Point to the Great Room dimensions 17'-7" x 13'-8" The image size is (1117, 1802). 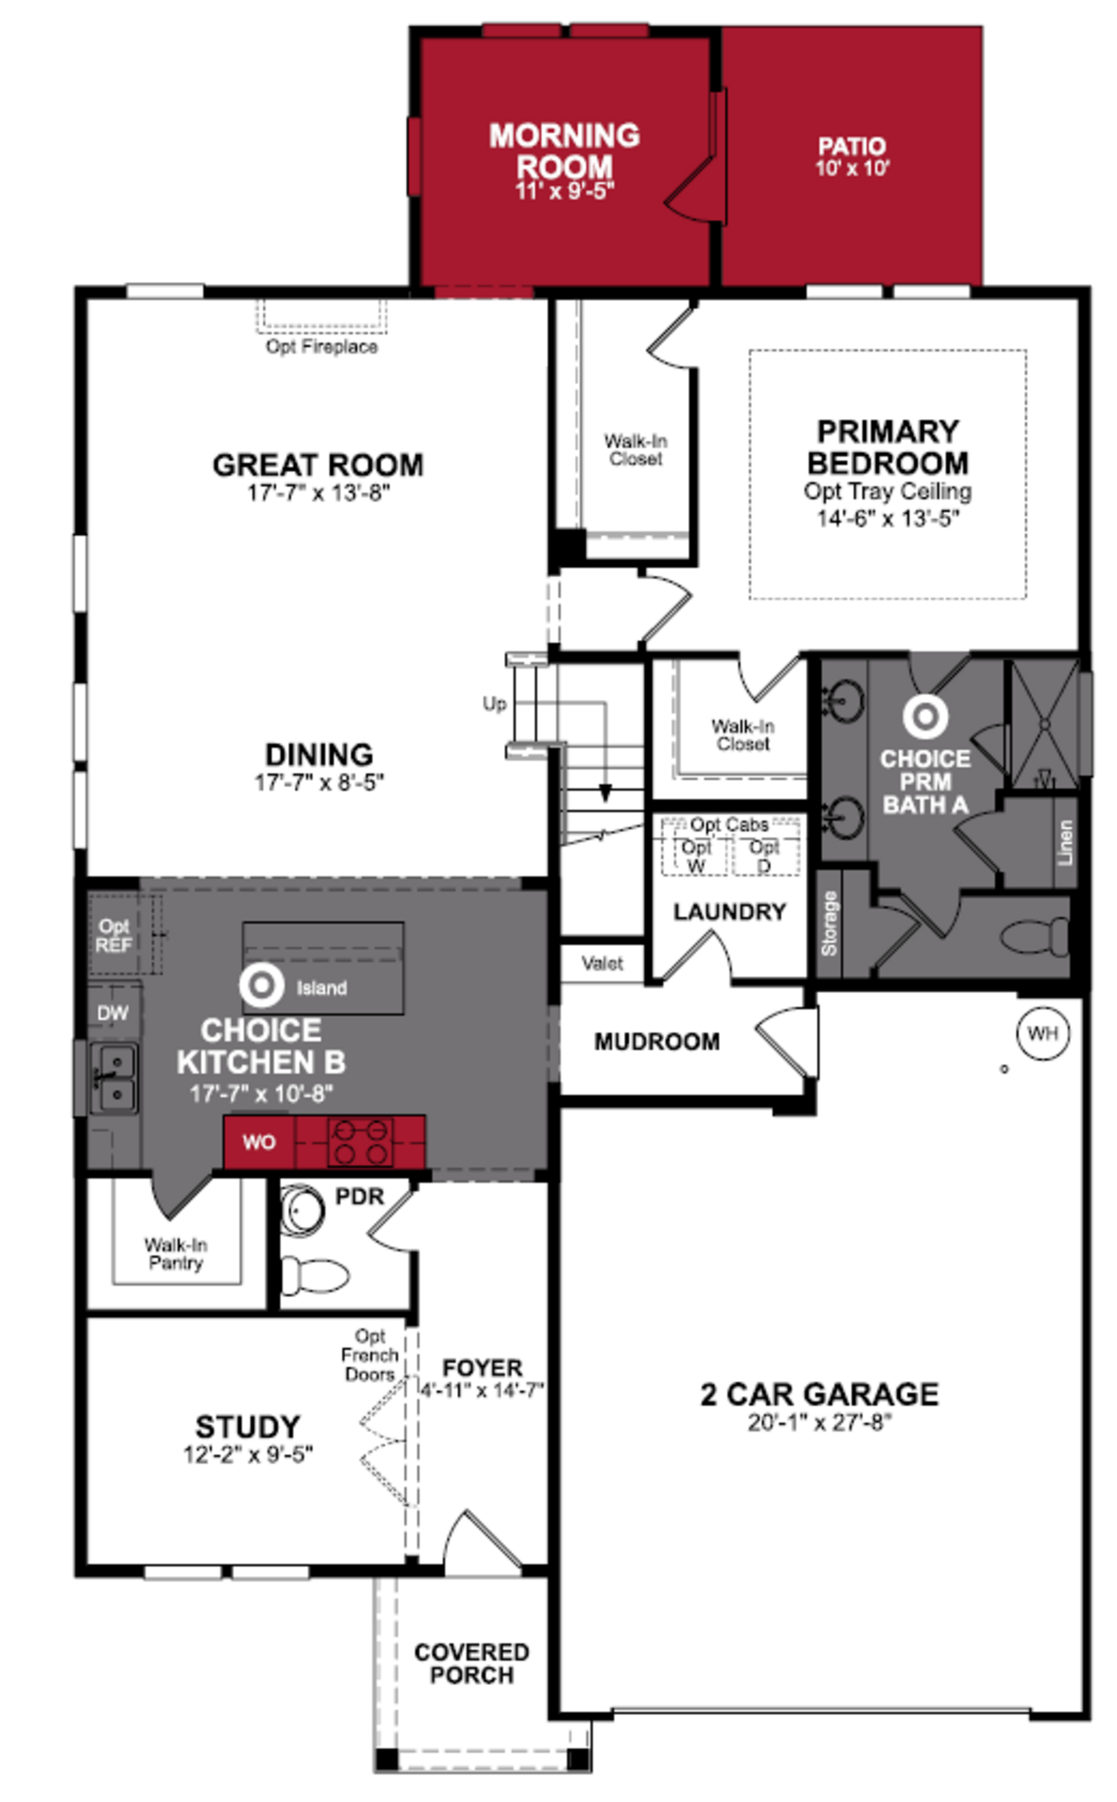pyautogui.click(x=319, y=493)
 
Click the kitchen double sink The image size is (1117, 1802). pyautogui.click(x=115, y=1078)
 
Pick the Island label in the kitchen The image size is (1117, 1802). pyautogui.click(x=321, y=988)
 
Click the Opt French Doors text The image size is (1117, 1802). pyautogui.click(x=370, y=1355)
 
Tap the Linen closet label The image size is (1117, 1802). pyautogui.click(x=1065, y=842)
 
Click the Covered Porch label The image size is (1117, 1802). pyautogui.click(x=471, y=1663)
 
